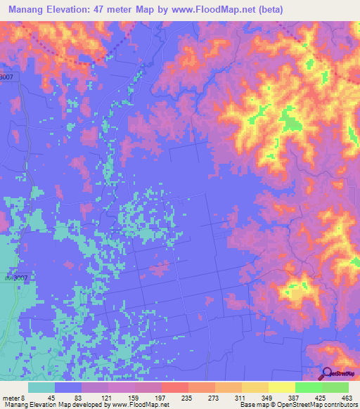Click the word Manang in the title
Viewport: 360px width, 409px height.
click(x=29, y=10)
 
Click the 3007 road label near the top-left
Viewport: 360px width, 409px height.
click(x=6, y=77)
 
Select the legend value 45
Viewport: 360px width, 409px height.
click(x=51, y=397)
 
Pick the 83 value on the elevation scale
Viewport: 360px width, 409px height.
click(x=77, y=397)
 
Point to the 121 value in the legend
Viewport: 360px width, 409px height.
click(x=104, y=397)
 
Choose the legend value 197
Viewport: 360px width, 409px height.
click(x=157, y=397)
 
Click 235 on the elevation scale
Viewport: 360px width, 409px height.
click(x=184, y=397)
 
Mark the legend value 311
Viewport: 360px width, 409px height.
click(x=238, y=397)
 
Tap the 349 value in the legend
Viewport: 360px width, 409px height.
click(x=264, y=397)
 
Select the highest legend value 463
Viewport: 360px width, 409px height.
click(x=345, y=397)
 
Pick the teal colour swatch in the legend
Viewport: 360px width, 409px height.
click(x=41, y=387)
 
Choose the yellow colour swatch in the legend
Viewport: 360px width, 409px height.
click(x=282, y=387)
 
